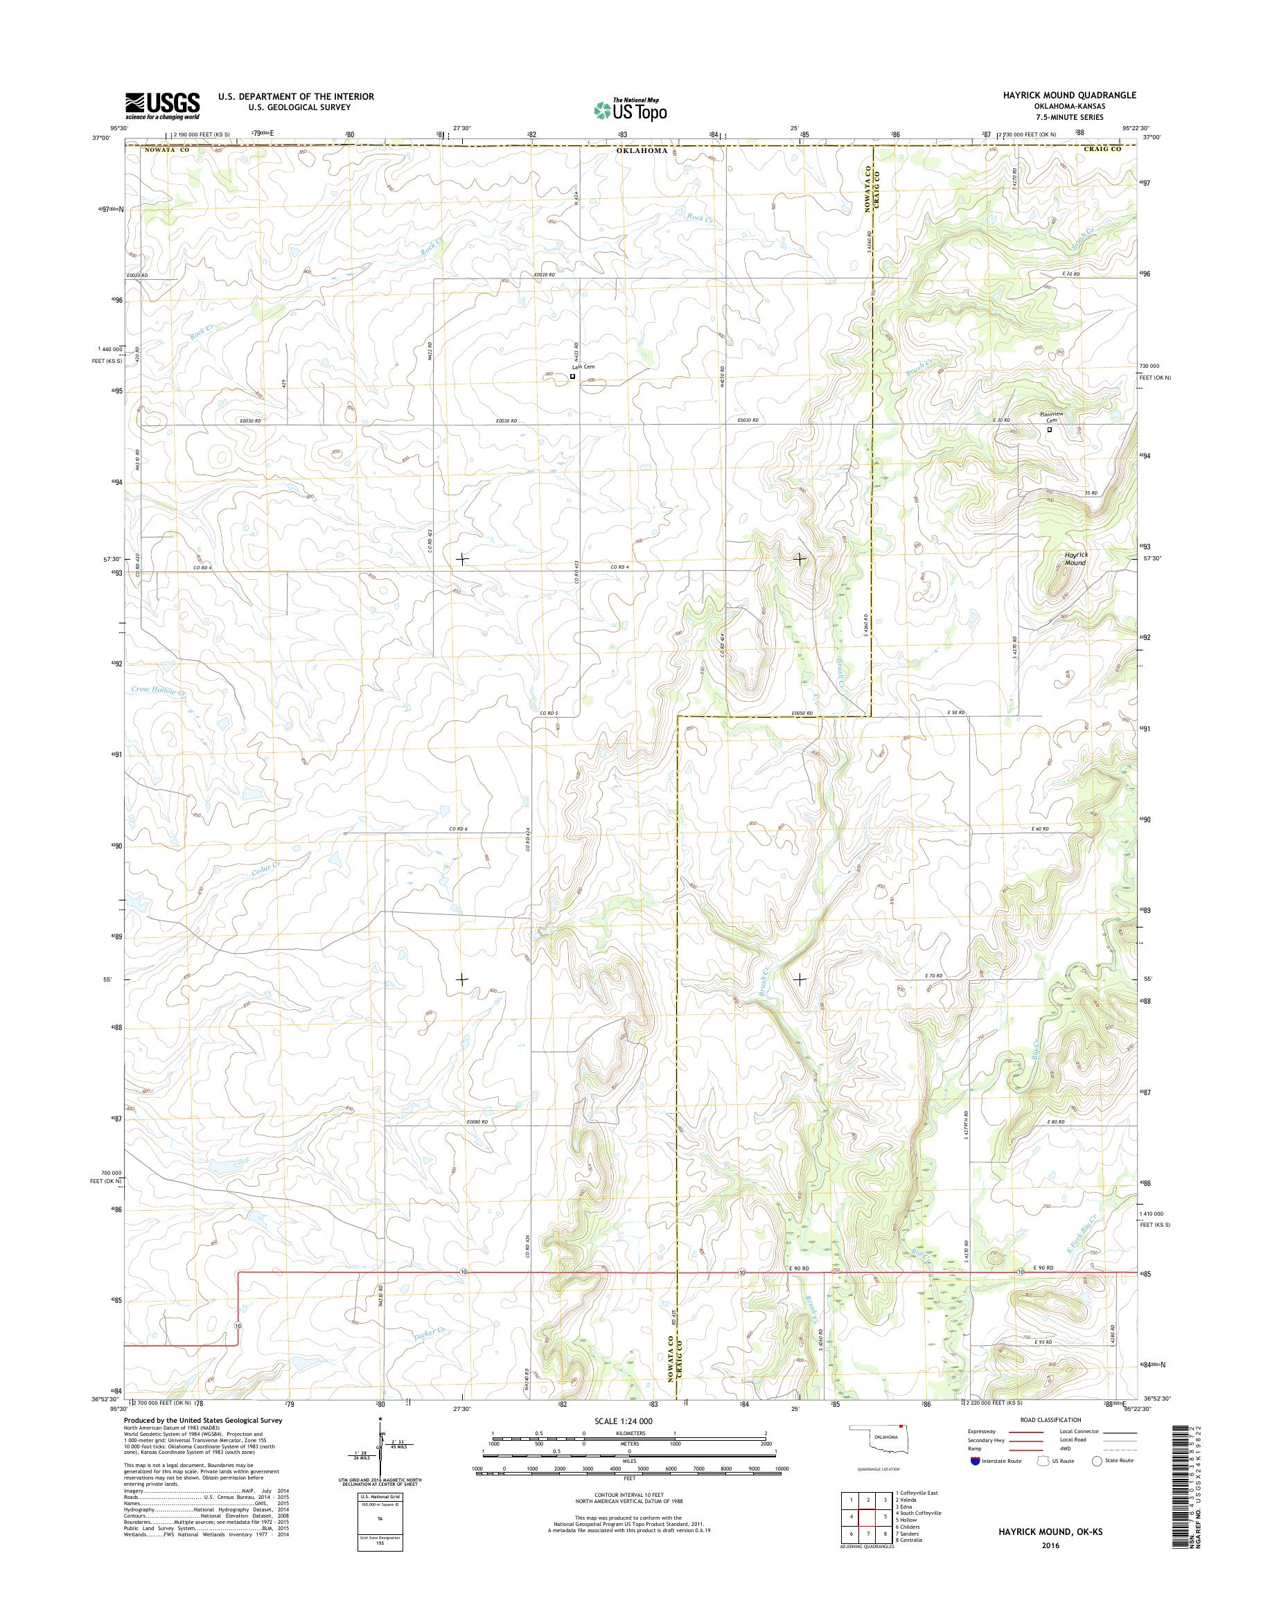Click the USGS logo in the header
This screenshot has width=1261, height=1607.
(161, 105)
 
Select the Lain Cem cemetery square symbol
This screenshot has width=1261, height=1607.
(573, 377)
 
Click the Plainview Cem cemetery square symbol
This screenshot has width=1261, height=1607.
(1050, 429)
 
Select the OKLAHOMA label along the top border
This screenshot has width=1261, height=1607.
(643, 150)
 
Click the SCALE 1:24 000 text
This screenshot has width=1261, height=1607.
(623, 1420)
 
